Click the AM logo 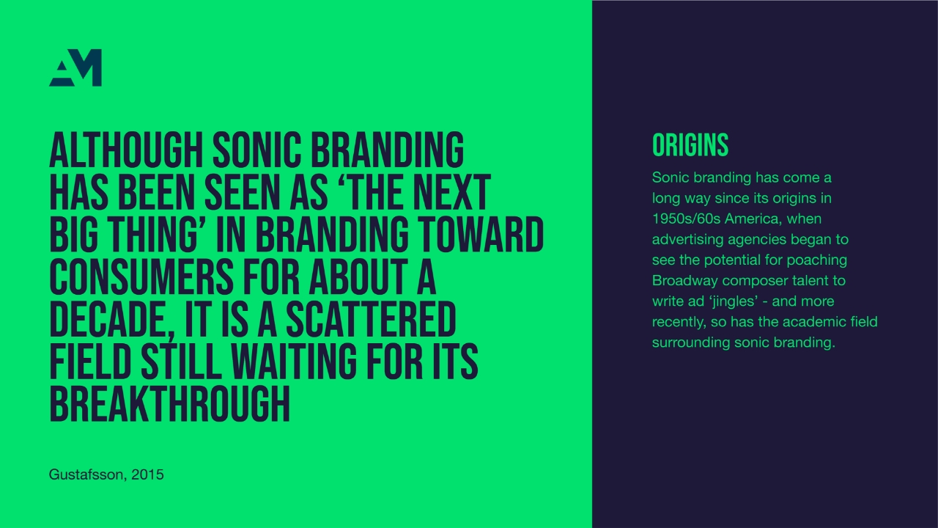(75, 67)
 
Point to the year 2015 (147, 474)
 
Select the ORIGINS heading (690, 145)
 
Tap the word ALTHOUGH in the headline (126, 150)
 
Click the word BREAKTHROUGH (169, 404)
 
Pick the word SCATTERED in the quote (371, 319)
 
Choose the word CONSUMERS (141, 276)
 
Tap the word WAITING (294, 362)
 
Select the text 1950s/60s (687, 219)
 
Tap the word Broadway (685, 281)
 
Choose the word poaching (817, 260)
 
